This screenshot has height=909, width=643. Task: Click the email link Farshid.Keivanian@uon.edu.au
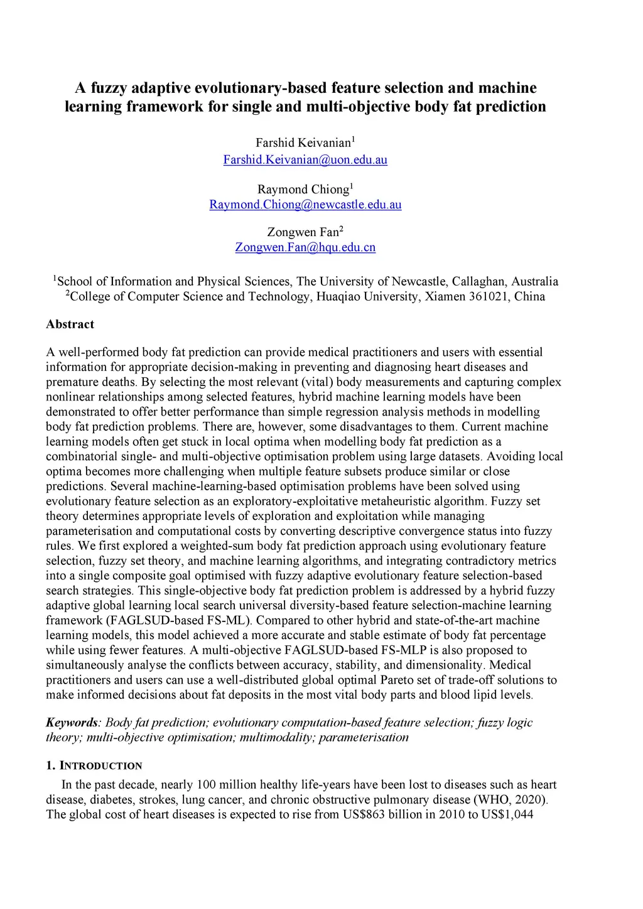pyautogui.click(x=305, y=159)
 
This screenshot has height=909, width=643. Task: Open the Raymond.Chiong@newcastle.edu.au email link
pyautogui.click(x=305, y=205)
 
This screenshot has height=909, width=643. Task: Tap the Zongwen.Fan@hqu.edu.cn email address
pyautogui.click(x=305, y=247)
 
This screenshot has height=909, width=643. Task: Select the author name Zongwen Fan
pyautogui.click(x=303, y=232)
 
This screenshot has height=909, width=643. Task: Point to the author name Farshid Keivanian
pyautogui.click(x=303, y=143)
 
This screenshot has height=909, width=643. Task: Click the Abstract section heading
pyautogui.click(x=70, y=325)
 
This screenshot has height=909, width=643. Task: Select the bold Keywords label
pyautogui.click(x=72, y=723)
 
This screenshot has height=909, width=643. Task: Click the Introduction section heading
pyautogui.click(x=100, y=766)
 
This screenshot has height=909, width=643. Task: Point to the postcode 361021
pyautogui.click(x=489, y=296)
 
